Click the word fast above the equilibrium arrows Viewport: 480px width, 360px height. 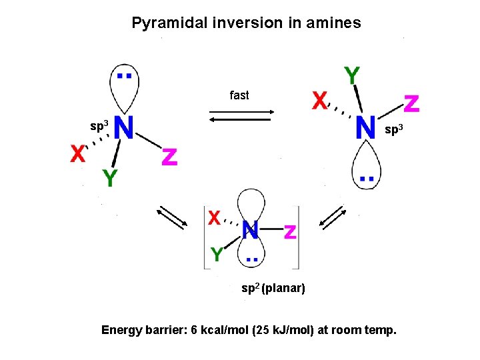[239, 95]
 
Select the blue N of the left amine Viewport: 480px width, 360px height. [125, 127]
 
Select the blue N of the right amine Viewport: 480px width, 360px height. [365, 127]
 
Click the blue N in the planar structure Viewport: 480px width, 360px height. [251, 231]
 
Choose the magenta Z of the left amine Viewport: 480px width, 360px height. [170, 157]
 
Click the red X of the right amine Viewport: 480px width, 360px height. [321, 101]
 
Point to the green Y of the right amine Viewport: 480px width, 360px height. [352, 76]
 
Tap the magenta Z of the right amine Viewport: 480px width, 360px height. [412, 103]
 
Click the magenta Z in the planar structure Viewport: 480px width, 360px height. [290, 232]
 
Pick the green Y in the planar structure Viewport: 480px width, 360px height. [217, 254]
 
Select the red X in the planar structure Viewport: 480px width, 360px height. [214, 218]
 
